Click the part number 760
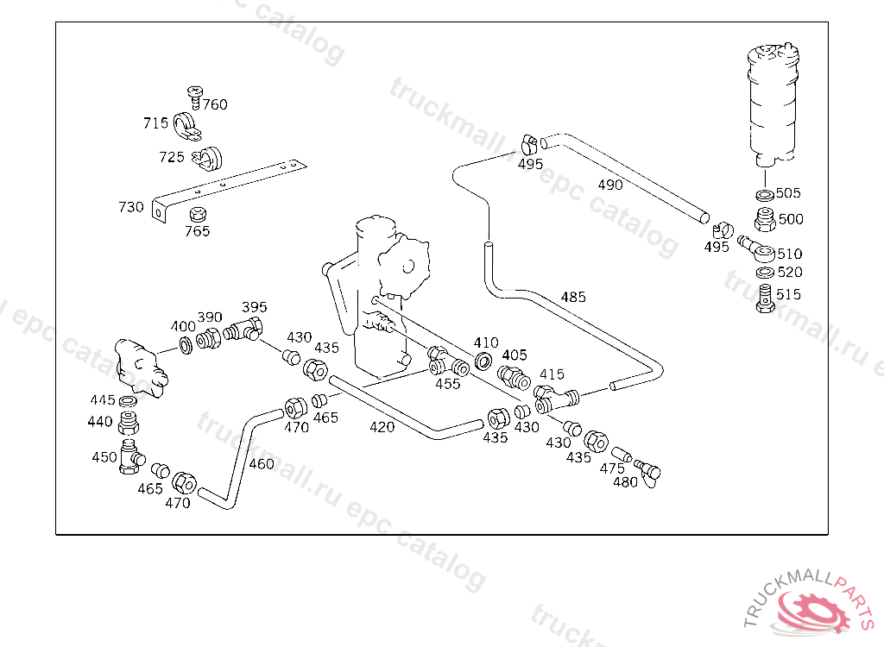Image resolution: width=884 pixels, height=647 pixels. [x=215, y=104]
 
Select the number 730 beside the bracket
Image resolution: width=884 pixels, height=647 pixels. [x=131, y=207]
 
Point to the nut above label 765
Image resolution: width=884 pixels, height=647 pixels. [x=197, y=213]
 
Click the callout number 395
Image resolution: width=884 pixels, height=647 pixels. [x=254, y=307]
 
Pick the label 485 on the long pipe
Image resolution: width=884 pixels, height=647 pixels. [x=572, y=297]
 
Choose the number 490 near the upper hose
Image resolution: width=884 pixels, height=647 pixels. [x=609, y=185]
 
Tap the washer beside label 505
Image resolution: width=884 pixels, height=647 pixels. [x=763, y=194]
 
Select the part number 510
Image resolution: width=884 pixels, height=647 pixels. [x=789, y=254]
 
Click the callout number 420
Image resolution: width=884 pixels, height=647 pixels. [x=382, y=426]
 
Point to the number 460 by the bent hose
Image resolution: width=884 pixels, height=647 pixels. [x=261, y=463]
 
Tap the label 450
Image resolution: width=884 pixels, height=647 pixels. [x=104, y=456]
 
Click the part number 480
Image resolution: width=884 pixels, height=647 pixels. [x=625, y=482]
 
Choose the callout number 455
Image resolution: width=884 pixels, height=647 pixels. [x=447, y=384]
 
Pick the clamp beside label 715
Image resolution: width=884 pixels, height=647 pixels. [x=185, y=126]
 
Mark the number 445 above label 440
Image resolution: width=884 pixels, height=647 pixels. [x=103, y=400]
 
